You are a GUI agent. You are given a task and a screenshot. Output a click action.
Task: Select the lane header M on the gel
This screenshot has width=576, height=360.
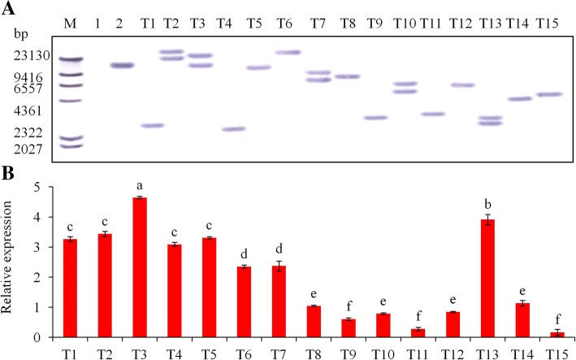(x=70, y=23)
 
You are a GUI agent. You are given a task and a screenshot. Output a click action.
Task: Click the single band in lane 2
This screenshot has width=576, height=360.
(x=122, y=66)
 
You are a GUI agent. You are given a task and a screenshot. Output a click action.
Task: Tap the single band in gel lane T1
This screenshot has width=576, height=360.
(x=152, y=125)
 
